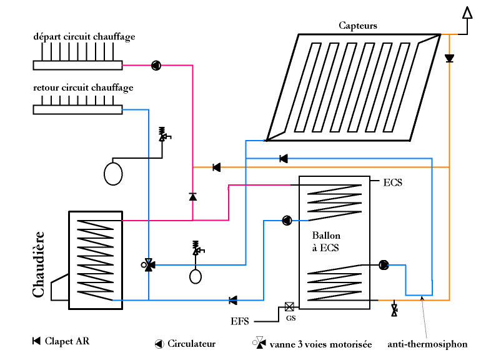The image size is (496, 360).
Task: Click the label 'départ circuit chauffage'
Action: pos(84,37)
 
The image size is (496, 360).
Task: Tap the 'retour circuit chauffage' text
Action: pos(83,87)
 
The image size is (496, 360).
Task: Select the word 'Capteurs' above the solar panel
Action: pos(358,26)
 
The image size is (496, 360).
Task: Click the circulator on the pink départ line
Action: pos(156,65)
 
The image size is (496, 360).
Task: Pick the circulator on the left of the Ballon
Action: pos(287,220)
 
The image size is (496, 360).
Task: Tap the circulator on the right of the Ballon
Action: pos(384,265)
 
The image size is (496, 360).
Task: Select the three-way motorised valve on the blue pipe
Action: pos(149,265)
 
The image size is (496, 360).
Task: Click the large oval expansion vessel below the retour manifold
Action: pos(113,173)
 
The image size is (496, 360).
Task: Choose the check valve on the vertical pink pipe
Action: pos(192,197)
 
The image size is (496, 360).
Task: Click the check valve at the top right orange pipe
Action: pos(449,58)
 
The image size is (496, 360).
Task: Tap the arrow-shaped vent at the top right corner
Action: pos(467,12)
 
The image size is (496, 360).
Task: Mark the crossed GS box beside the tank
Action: pos(289,307)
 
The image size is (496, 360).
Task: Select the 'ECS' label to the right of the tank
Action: pos(392,183)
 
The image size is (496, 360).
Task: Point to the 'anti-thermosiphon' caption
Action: pos(427,344)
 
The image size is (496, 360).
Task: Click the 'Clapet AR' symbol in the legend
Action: pos(36,341)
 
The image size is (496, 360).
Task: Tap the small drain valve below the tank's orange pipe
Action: pos(394,309)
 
